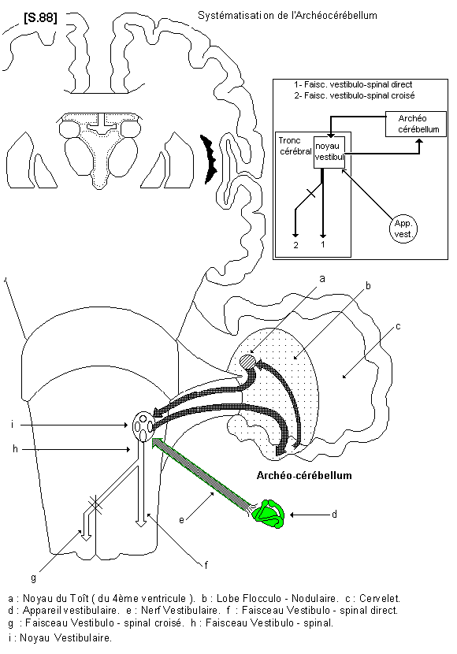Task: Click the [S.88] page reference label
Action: coord(40,18)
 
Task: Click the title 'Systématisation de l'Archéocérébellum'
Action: coord(288,16)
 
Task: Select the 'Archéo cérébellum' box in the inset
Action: coord(416,124)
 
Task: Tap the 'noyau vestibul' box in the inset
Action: coord(329,152)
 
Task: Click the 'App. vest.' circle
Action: coord(403,229)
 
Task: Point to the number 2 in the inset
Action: coord(295,245)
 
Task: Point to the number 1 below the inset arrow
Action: coord(323,245)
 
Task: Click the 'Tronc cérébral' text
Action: coord(295,146)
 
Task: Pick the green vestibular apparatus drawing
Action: coord(269,515)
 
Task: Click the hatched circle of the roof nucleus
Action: coord(248,361)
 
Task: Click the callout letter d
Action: coord(334,515)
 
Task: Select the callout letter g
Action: coord(33,578)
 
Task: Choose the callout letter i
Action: coord(13,425)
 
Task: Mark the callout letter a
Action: coord(322,279)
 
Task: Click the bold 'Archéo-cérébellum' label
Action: coord(304,475)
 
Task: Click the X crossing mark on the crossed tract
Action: coord(95,504)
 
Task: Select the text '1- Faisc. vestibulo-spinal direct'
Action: coord(353,84)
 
